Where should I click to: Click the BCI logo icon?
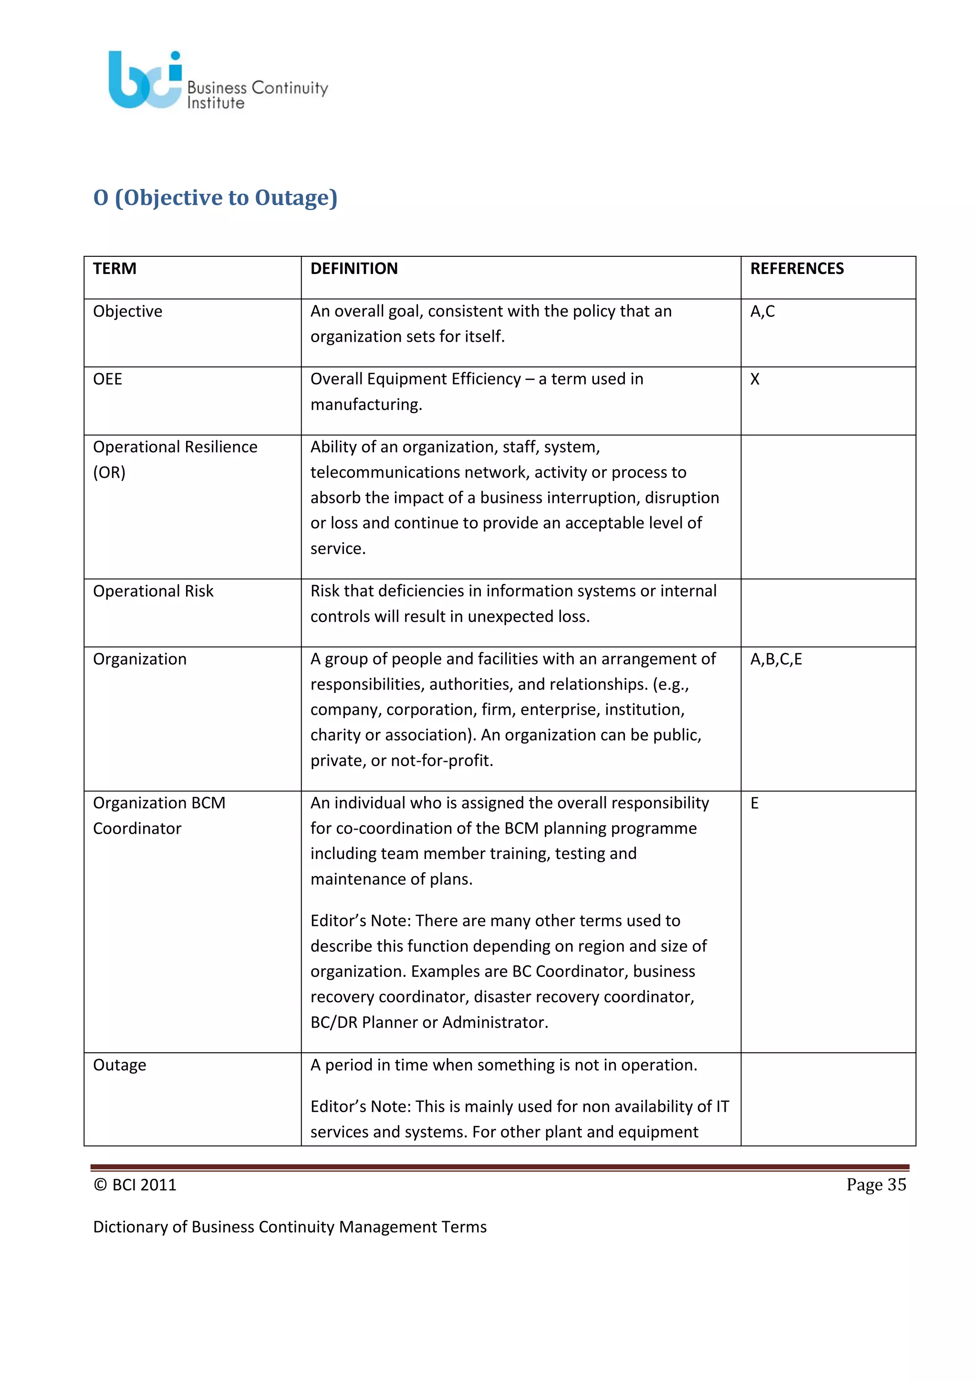click(145, 80)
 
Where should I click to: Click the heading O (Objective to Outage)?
click(215, 198)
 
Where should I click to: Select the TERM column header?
click(115, 269)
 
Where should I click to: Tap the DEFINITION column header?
click(354, 269)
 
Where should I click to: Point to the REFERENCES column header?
click(797, 269)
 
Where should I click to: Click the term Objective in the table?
click(127, 311)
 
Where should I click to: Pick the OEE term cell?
click(108, 379)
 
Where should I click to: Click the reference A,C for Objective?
click(762, 311)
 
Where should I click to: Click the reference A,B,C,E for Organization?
click(776, 659)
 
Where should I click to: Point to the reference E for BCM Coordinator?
click(754, 803)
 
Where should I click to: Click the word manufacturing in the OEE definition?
click(366, 405)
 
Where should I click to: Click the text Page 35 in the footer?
click(876, 1184)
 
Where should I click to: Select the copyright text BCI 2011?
click(135, 1184)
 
